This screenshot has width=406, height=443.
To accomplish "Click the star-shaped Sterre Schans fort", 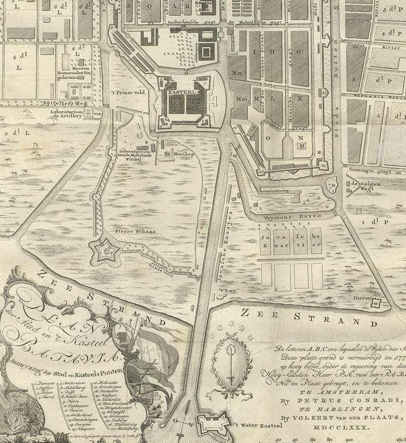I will [104, 249].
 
